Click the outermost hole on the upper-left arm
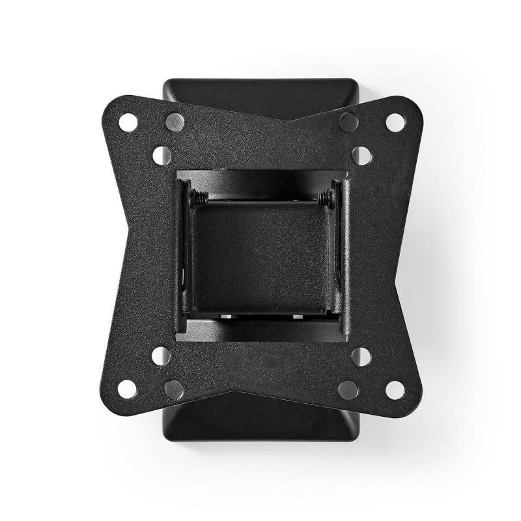(128, 122)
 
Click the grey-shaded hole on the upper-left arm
(175, 122)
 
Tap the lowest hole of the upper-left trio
(162, 155)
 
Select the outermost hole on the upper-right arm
(395, 122)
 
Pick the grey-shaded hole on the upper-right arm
(348, 121)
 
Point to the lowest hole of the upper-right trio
(361, 155)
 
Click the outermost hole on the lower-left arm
(127, 389)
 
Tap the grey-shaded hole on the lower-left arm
(174, 389)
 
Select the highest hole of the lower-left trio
(161, 356)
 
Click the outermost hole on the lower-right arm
(395, 389)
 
